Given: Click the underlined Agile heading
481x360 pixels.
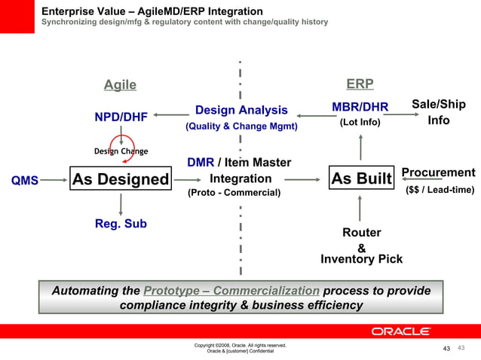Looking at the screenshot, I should [120, 85].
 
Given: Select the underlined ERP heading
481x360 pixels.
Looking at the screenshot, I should [360, 84].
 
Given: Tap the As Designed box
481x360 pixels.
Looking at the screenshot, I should [121, 179].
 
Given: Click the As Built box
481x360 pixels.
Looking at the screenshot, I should [362, 179].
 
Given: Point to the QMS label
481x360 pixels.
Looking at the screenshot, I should [25, 181].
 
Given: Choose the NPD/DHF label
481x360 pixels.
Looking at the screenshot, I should [120, 117].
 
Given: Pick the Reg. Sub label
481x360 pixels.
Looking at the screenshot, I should [121, 224].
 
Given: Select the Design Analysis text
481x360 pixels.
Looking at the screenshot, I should [241, 111].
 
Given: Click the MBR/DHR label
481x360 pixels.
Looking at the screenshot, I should [360, 107].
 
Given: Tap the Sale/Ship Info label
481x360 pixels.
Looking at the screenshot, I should [438, 112].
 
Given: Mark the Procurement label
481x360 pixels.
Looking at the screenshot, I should [438, 172].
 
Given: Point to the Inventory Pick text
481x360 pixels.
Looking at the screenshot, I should [361, 259].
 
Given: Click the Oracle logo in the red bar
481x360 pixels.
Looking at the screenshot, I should [400, 331].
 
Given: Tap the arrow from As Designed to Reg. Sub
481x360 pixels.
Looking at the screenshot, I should [121, 203].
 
